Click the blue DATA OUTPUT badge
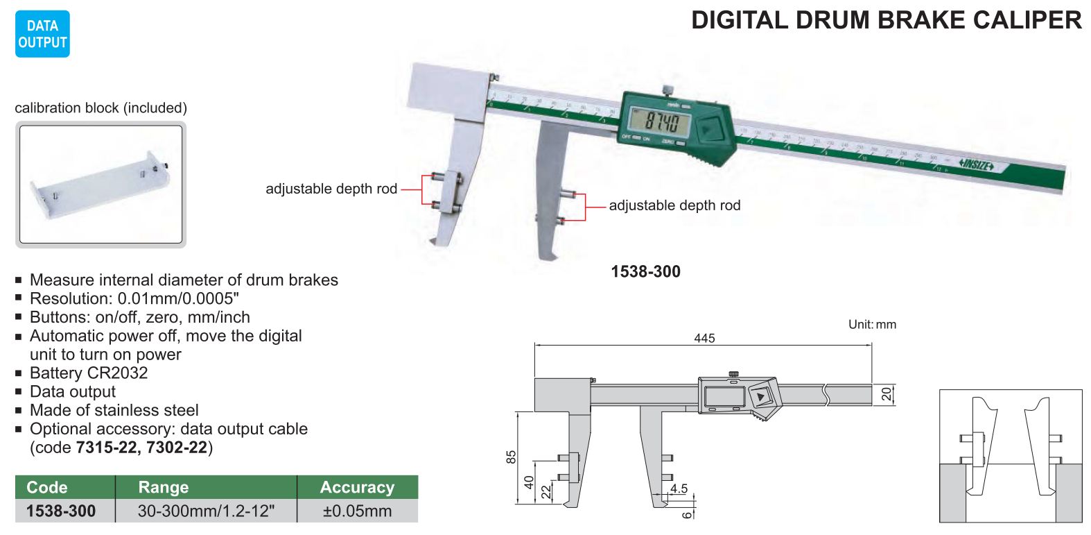point(42,34)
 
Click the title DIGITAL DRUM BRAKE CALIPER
point(886,20)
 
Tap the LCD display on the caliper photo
point(659,124)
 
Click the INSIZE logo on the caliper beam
point(977,165)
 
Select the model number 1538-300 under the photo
point(645,271)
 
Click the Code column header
point(47,487)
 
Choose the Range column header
point(164,487)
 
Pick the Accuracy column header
point(357,487)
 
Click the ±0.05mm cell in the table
point(357,511)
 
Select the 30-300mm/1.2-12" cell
point(206,511)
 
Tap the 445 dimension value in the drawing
point(704,338)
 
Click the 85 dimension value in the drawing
point(512,457)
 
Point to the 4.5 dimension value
point(679,489)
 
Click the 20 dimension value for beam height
point(887,394)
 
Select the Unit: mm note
point(872,324)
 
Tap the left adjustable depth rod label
point(331,189)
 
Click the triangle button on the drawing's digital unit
point(761,397)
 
